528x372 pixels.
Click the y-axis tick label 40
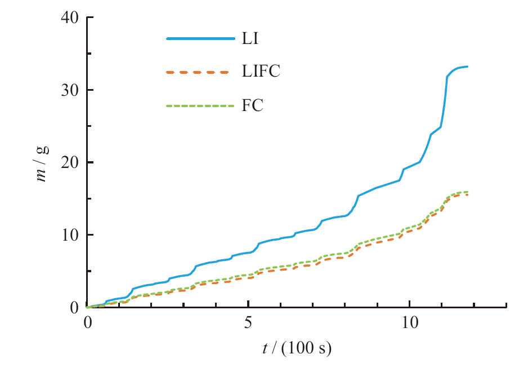(x=70, y=17)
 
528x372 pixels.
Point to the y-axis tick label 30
(x=70, y=90)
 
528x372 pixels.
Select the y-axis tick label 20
(x=70, y=162)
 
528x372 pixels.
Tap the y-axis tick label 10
(x=70, y=235)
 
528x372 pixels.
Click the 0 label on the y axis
(x=74, y=307)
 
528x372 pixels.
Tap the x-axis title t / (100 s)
(x=297, y=348)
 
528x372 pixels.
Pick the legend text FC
(x=253, y=105)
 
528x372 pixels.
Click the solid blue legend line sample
(x=200, y=39)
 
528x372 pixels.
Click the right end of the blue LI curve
(x=468, y=67)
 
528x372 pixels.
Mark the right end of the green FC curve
(x=468, y=192)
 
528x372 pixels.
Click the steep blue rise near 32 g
(x=446, y=90)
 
